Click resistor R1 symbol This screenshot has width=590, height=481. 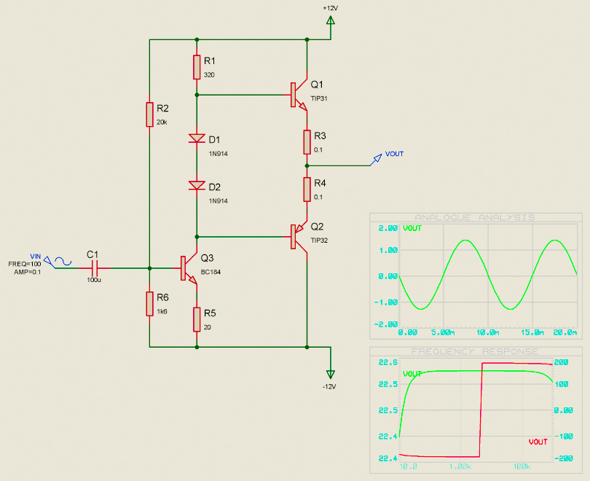(x=197, y=67)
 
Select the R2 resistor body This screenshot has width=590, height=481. (x=149, y=114)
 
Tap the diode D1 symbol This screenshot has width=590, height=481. (x=197, y=138)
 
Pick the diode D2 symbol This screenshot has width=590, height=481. (x=197, y=185)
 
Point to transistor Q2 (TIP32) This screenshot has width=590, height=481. (x=298, y=237)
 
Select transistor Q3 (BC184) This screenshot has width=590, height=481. (x=187, y=268)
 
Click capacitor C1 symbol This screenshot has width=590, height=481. (x=93, y=267)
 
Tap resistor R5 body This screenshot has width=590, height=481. (x=197, y=318)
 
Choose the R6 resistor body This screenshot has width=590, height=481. (x=149, y=304)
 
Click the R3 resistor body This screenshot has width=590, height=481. (x=307, y=142)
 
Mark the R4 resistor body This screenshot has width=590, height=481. (x=307, y=189)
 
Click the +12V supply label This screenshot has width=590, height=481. (x=331, y=7)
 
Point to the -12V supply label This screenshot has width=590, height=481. (x=330, y=386)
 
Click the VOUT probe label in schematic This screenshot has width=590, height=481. (x=394, y=154)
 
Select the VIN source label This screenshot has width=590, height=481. (x=35, y=256)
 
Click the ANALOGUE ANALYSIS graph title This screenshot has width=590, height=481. (x=474, y=217)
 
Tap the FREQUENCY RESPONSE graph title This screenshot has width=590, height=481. (x=474, y=351)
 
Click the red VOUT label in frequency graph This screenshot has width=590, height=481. (x=538, y=442)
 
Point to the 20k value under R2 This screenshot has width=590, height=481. (x=162, y=122)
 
